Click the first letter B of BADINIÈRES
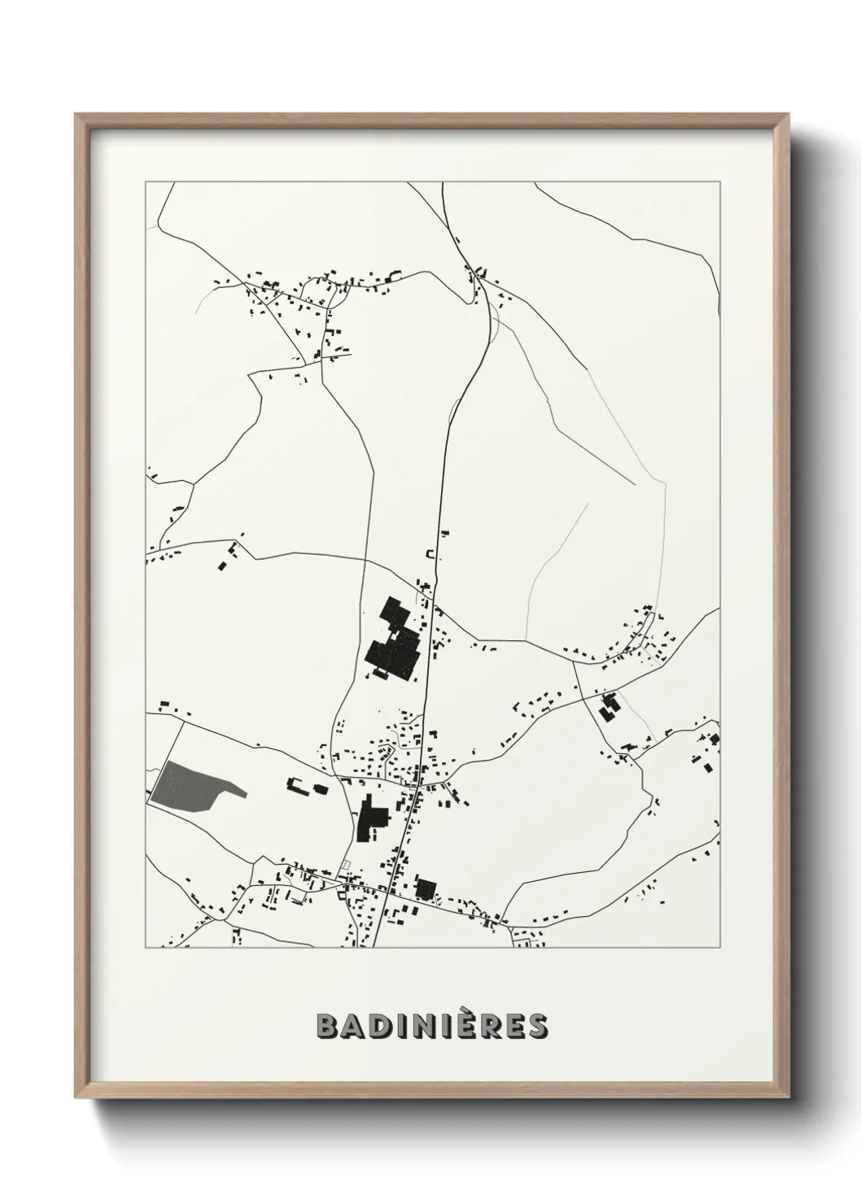(328, 1027)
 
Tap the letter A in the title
(356, 1027)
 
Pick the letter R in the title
(489, 1027)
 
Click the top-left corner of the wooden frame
(76, 115)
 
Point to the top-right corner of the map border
(719, 182)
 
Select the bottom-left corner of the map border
(146, 948)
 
